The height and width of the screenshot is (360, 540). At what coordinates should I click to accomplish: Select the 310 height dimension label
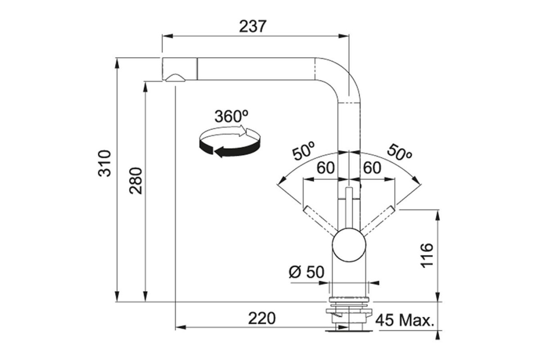point(105,163)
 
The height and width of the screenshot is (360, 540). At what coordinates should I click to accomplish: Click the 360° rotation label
point(230,116)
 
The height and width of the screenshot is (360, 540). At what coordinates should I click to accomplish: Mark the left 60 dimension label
point(325,168)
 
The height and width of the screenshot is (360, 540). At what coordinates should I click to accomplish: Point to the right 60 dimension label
point(372,168)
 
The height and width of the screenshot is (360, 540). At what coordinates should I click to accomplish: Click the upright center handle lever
point(349,207)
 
